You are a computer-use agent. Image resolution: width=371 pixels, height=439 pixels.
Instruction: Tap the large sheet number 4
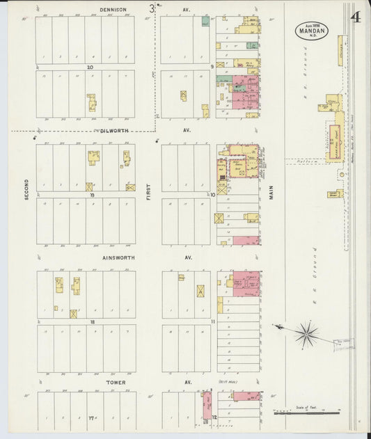(356, 17)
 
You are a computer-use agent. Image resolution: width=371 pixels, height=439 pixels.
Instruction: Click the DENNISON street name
(113, 10)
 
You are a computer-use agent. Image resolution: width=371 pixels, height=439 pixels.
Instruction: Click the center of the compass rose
(306, 333)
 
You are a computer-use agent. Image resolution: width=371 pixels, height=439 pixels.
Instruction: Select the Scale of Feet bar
(307, 412)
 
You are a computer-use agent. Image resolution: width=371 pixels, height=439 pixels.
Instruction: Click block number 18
(92, 322)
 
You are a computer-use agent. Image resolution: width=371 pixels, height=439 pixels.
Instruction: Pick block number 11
(213, 322)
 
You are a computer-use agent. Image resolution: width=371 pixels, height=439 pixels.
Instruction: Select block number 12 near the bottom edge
(214, 417)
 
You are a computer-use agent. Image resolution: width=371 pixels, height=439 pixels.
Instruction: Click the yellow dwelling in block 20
(91, 103)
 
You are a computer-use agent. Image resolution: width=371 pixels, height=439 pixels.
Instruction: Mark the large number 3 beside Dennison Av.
(151, 9)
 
